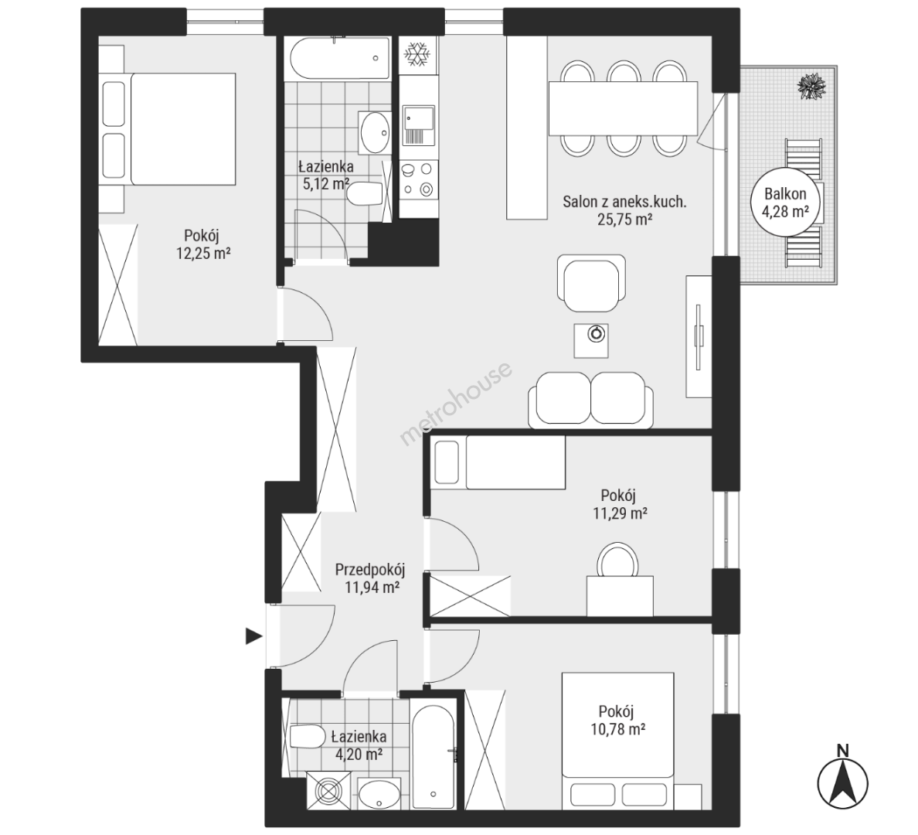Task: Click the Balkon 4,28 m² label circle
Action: click(x=784, y=202)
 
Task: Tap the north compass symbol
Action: click(x=842, y=778)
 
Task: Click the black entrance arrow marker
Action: click(x=253, y=636)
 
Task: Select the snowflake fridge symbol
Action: click(x=418, y=54)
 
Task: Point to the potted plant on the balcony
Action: click(x=811, y=86)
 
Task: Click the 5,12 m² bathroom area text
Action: click(x=325, y=184)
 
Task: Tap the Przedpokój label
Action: click(x=370, y=569)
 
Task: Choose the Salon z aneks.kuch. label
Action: click(x=624, y=202)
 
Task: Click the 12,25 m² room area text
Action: click(x=202, y=254)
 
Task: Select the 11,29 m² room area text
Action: click(x=620, y=514)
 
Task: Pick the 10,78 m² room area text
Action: click(x=618, y=730)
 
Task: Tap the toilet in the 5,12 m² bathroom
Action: click(x=365, y=194)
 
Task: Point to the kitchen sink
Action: click(x=419, y=125)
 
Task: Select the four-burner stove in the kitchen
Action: click(x=419, y=180)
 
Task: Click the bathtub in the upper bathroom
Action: click(x=339, y=59)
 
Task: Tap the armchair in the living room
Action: click(x=591, y=285)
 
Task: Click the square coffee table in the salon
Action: click(x=590, y=340)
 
